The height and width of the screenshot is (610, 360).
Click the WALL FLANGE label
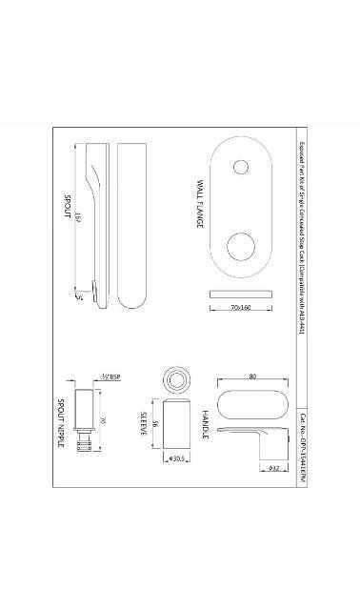201,202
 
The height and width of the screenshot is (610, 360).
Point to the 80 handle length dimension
252,376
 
